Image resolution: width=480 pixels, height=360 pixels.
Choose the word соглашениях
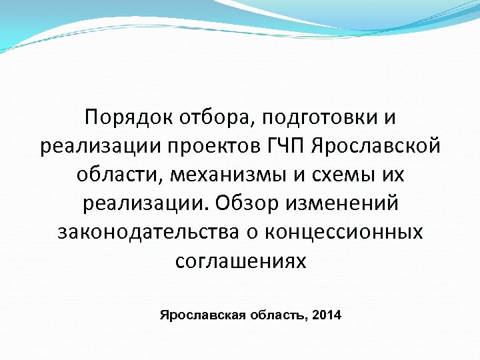point(241,261)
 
